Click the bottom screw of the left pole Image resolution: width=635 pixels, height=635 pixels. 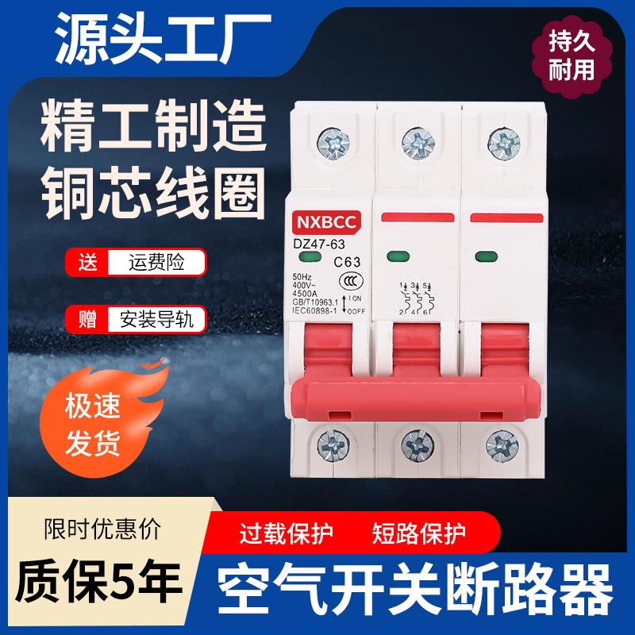click(x=326, y=441)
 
